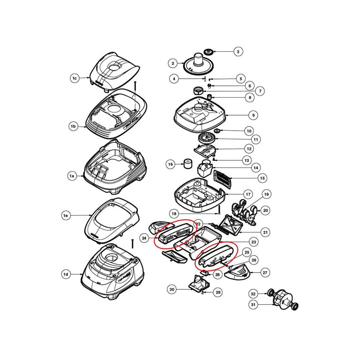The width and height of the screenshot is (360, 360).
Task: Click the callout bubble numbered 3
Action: coord(238,52)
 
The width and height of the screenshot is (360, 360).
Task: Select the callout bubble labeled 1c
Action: coord(75,78)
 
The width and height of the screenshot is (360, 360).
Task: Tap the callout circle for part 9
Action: coord(253,115)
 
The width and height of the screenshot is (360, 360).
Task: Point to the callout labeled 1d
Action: coord(66,274)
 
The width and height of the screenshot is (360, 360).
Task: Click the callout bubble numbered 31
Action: coord(253,305)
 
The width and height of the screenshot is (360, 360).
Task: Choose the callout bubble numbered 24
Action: coord(144,238)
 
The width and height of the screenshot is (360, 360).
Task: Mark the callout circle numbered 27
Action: coord(265,273)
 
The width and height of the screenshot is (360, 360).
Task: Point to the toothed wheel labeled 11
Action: coord(207,139)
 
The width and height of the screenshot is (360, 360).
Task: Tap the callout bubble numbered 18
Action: coord(173,214)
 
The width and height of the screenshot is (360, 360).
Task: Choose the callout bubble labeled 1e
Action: coord(66,215)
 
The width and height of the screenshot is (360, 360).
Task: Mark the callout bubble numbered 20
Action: coord(265,210)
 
